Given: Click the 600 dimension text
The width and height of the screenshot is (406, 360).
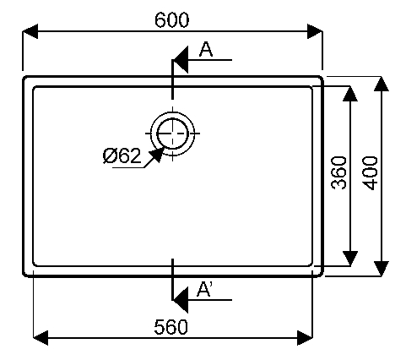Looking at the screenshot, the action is point(172,19).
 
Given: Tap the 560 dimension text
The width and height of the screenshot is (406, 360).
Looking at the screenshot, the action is point(171,327).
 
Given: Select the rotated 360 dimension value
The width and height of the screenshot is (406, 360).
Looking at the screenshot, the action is point(338,172).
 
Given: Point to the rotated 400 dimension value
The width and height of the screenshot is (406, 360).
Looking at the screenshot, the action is point(370,173).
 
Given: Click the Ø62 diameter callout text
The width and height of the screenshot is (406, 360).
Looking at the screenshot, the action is point(122,155).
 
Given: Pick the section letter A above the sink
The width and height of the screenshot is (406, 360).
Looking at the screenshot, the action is point(206,49).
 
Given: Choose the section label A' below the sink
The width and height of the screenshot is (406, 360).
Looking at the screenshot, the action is point(204,289).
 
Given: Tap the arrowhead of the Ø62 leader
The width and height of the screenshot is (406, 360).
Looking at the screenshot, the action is point(156,155).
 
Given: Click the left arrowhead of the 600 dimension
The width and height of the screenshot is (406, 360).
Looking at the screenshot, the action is point(30,31).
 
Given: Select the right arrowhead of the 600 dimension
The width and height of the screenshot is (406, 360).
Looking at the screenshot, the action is point(315,31).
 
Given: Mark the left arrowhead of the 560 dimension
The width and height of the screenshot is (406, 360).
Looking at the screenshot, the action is point(41,338).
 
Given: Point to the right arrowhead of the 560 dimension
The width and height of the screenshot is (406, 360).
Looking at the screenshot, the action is point(305,338).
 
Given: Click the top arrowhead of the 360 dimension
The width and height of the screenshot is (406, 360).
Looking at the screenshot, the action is point(350,94).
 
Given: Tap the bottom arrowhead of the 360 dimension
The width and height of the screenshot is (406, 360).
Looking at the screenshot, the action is point(350,258).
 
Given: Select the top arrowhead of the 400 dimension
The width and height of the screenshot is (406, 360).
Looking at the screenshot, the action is point(382,84).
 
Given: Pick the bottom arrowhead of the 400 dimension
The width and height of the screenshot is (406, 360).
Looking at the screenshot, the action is point(382,269).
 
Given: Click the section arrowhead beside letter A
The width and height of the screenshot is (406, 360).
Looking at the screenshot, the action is point(180,60).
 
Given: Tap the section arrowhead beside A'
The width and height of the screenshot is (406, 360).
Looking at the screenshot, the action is point(180,300).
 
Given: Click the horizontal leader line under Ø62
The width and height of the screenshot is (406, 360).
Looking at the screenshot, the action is point(128,168).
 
